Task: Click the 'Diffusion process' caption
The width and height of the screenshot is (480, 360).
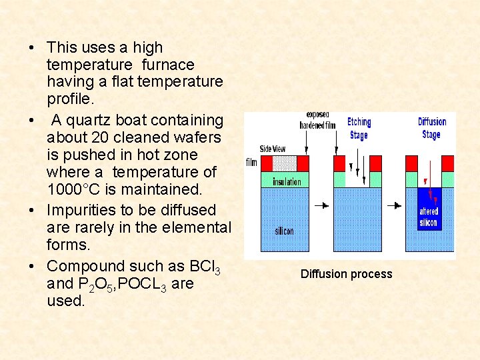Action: tap(346, 274)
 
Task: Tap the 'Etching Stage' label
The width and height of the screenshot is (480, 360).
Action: tap(359, 128)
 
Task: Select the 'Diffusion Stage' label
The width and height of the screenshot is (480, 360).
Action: tap(431, 127)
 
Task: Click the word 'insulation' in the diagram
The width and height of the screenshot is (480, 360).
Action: tap(287, 181)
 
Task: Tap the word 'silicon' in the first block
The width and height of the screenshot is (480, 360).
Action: tap(285, 231)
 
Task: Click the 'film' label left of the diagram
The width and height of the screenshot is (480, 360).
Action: tap(251, 162)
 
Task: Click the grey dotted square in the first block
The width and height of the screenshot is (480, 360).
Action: tap(285, 163)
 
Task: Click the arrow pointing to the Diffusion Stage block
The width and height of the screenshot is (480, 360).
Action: tap(397, 205)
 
